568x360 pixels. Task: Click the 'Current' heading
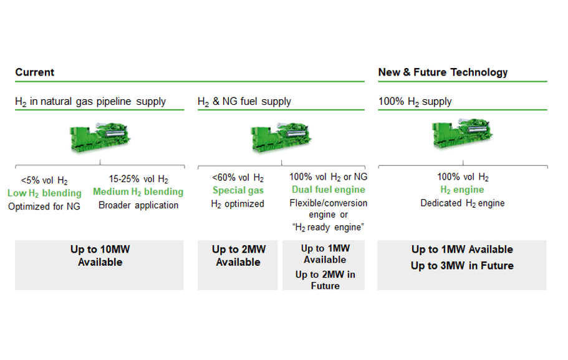tap(35, 72)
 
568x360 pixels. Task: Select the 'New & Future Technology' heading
tap(443, 72)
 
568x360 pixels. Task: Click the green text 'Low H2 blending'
tap(44, 193)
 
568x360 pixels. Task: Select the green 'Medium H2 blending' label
tap(138, 192)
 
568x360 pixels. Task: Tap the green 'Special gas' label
tap(238, 190)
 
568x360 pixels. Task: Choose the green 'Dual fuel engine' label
tap(329, 190)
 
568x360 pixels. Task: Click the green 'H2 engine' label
tap(462, 190)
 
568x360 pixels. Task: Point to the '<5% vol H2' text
tap(44, 181)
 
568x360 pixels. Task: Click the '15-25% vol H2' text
tap(138, 179)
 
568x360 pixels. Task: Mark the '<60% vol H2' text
tap(238, 178)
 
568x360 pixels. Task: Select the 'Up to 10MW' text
tap(100, 250)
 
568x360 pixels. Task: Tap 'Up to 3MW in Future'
tap(462, 266)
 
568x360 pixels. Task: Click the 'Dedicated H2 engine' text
tap(462, 203)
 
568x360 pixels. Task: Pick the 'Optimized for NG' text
tap(44, 206)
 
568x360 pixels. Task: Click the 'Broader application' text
tap(138, 205)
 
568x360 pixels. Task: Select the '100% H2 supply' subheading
tap(415, 102)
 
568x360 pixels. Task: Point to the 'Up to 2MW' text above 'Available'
tap(238, 250)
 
